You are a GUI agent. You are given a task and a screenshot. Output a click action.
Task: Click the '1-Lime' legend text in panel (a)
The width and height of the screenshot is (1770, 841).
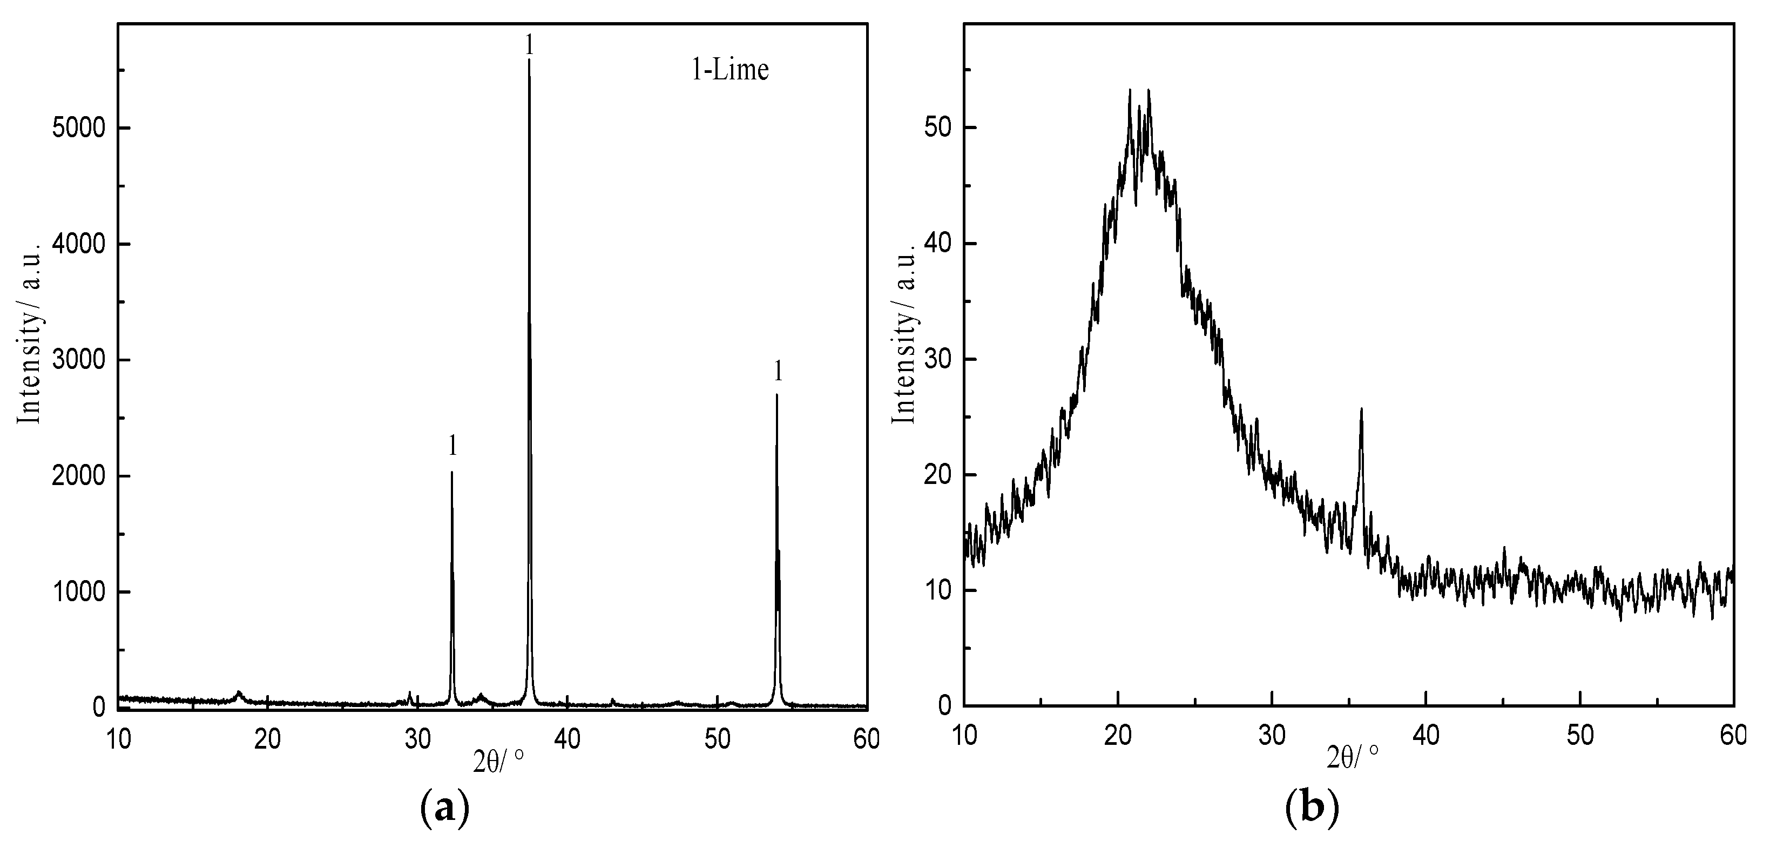click(x=729, y=71)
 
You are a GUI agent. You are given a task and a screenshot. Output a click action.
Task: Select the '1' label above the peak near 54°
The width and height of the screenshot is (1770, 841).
click(x=778, y=371)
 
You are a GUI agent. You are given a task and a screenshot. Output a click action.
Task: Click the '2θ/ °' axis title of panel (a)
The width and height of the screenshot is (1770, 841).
click(x=499, y=761)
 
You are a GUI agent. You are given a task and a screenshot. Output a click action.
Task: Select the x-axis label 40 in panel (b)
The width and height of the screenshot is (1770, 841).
click(x=1426, y=736)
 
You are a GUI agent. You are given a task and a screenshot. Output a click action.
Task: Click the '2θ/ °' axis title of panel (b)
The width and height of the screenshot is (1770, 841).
click(x=1353, y=757)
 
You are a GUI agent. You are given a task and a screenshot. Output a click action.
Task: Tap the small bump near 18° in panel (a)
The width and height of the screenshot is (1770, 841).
click(x=239, y=694)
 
